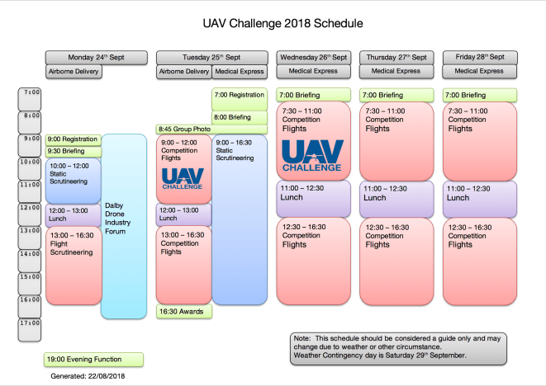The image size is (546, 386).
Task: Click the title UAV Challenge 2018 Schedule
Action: pos(272,24)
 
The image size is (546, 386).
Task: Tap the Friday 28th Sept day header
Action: pos(480,57)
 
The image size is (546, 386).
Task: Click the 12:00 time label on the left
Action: pos(31,208)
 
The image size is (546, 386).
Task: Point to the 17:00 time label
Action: pos(31,323)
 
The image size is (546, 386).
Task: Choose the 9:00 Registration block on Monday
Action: pos(73,139)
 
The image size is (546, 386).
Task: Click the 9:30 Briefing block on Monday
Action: pos(73,151)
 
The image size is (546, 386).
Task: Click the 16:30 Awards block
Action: pos(184,311)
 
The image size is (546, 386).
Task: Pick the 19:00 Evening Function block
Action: pos(94,360)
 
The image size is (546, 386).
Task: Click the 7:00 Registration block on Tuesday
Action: pos(240,96)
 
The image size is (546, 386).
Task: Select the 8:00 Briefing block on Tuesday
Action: pos(240,117)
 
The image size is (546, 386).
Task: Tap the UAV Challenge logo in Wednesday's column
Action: pos(311,155)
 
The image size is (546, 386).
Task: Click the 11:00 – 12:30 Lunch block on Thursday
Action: pos(395,198)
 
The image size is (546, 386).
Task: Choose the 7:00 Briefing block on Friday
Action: pos(480,95)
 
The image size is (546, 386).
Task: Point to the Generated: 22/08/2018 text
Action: pos(87,376)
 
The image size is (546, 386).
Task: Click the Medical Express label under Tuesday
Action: pos(240,72)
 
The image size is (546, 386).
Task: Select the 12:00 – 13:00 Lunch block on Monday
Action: pos(73,214)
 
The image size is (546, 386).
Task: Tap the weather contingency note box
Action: pos(399,346)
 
